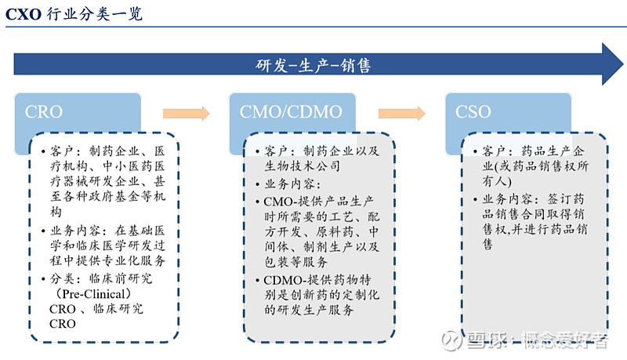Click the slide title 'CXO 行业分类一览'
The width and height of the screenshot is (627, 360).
[x=74, y=13]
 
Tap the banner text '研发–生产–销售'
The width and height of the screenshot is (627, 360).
[x=313, y=66]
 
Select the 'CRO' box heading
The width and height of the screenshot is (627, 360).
[x=44, y=112]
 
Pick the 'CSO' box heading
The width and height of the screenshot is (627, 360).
[x=473, y=112]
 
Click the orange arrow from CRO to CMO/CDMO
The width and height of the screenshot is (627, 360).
[x=186, y=114]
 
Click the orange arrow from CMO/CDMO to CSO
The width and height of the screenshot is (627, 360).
[x=402, y=114]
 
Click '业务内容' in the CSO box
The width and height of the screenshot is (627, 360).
[x=507, y=199]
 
